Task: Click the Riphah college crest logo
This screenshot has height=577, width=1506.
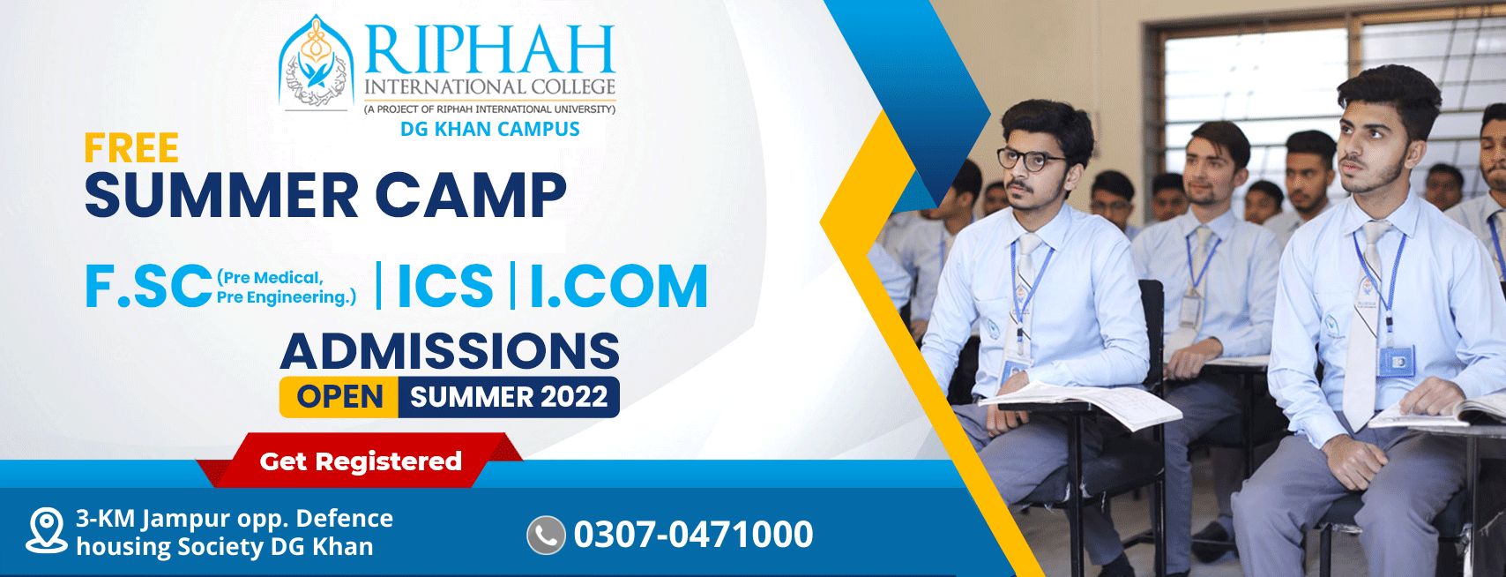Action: (x=316, y=62)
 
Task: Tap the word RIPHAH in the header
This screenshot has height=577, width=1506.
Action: (x=490, y=49)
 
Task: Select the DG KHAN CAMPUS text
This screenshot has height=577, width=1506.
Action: (x=490, y=129)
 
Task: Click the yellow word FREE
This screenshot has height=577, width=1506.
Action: (x=131, y=148)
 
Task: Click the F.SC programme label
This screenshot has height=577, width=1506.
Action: (x=149, y=287)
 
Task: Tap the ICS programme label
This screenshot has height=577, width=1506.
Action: (x=445, y=287)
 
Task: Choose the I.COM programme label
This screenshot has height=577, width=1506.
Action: (x=619, y=287)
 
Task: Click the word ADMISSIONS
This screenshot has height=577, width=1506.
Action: (x=450, y=351)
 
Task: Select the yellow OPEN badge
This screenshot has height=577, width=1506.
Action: (x=339, y=397)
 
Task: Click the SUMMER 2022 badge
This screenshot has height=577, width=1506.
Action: (x=509, y=397)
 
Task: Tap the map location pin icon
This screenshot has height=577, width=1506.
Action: (x=47, y=531)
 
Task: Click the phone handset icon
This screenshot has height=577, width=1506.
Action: (x=546, y=536)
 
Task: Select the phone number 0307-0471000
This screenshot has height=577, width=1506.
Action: (x=693, y=535)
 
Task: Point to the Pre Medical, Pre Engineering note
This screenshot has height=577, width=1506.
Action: (x=287, y=287)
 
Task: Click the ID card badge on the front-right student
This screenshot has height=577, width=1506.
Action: (x=1396, y=362)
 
